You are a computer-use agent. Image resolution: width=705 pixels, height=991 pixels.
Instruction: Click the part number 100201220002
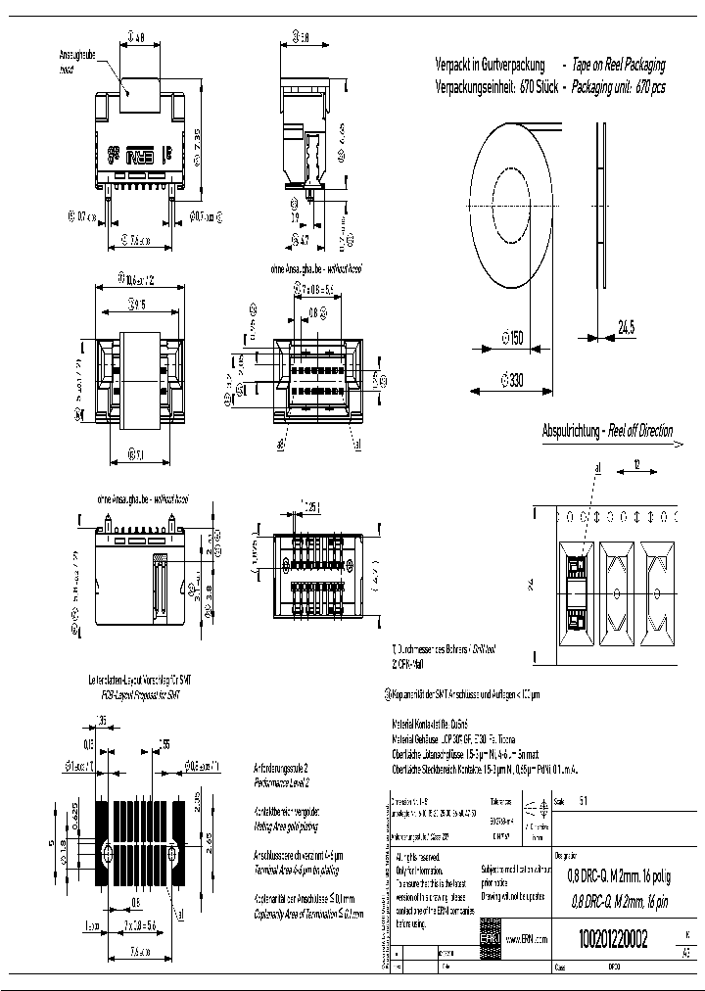click(x=607, y=940)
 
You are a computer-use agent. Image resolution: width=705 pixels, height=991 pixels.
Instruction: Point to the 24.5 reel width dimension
click(x=626, y=328)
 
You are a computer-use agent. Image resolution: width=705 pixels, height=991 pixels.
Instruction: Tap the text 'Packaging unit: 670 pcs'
click(x=617, y=86)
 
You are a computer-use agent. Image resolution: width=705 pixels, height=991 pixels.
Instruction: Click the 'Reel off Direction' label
click(x=640, y=431)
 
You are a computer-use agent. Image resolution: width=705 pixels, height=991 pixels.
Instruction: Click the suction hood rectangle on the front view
click(x=138, y=73)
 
